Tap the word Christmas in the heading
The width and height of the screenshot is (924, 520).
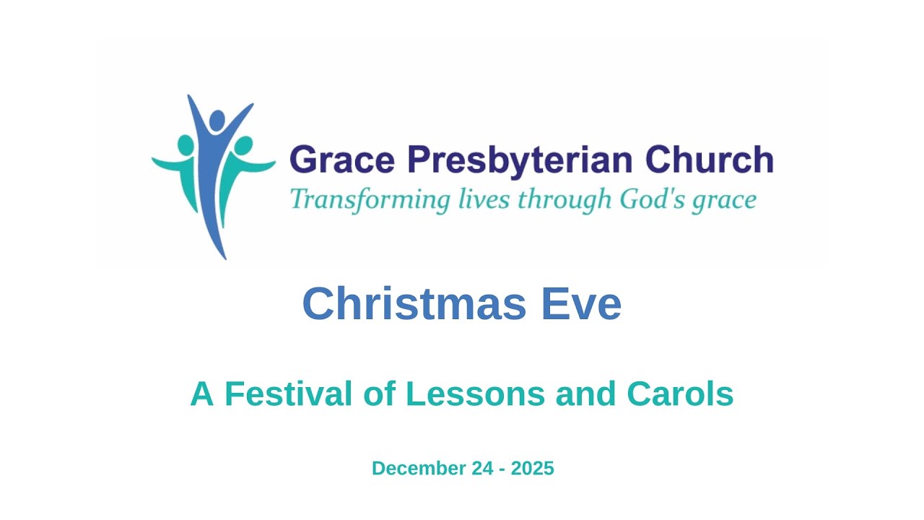[414, 304]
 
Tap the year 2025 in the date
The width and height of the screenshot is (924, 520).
[532, 468]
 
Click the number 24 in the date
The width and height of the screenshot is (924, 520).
[479, 468]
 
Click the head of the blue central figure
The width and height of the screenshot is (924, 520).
[217, 119]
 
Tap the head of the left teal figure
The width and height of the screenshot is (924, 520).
[186, 144]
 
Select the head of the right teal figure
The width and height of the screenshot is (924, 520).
[244, 144]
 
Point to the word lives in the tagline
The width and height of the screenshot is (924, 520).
[484, 199]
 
